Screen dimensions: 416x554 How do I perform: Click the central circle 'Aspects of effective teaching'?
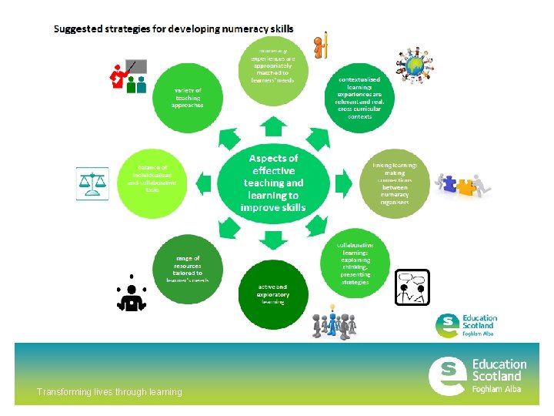272,183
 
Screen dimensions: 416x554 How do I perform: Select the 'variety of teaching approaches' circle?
187,98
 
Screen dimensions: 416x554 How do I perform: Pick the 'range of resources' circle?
187,267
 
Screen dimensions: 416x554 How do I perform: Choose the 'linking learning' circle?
393,183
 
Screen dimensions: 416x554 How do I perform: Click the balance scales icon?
92,183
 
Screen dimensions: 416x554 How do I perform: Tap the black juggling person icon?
132,294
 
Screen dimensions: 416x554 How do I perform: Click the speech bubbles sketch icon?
412,288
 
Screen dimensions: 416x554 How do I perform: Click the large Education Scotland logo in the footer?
477,375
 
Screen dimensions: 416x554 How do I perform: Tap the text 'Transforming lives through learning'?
109,392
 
